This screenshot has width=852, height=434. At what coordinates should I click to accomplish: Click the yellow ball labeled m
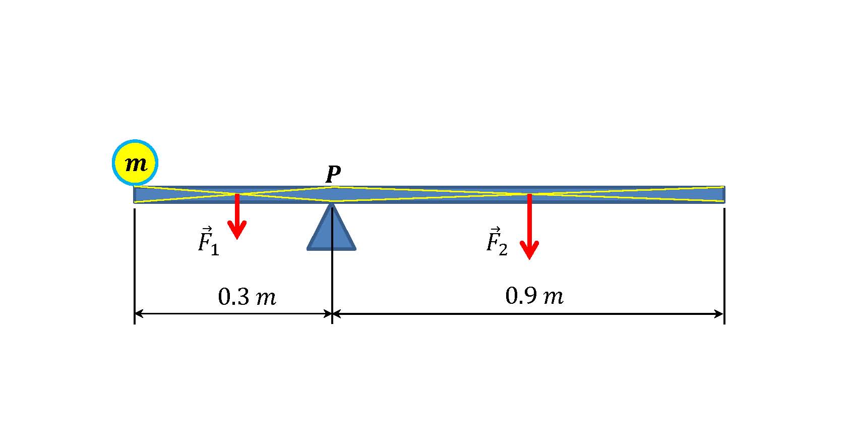point(135,163)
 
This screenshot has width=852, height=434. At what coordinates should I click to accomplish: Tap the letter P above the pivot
point(333,175)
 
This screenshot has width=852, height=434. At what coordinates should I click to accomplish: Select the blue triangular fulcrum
point(332,235)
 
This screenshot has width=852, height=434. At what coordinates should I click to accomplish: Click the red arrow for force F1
point(237,214)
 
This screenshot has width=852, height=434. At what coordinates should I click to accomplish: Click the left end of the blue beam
point(136,195)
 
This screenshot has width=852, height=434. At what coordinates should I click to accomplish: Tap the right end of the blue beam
point(722,195)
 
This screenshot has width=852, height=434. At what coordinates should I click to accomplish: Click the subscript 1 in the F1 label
point(215,250)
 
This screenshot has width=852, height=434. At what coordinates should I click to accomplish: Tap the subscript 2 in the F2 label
point(503,250)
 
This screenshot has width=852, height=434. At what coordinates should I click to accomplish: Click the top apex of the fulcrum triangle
point(332,204)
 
